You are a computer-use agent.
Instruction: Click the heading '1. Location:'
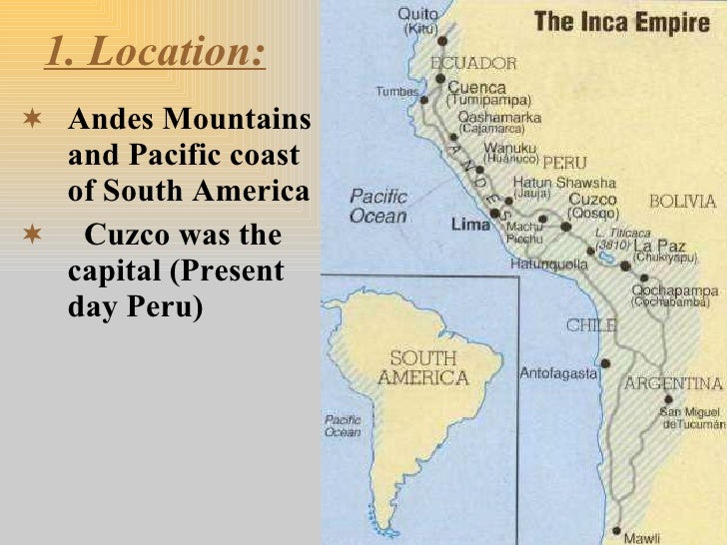pyautogui.click(x=156, y=53)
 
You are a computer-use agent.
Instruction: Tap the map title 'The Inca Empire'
pyautogui.click(x=621, y=22)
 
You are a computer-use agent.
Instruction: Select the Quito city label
pyautogui.click(x=418, y=15)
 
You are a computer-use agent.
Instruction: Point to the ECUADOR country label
pyautogui.click(x=474, y=63)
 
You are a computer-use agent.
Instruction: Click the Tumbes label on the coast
pyautogui.click(x=396, y=91)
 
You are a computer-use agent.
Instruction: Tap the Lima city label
pyautogui.click(x=471, y=225)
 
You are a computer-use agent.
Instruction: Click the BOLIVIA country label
pyautogui.click(x=683, y=202)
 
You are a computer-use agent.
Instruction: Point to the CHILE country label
pyautogui.click(x=592, y=325)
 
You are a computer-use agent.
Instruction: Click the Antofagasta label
pyautogui.click(x=558, y=373)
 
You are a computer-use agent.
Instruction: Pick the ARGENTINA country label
pyautogui.click(x=673, y=383)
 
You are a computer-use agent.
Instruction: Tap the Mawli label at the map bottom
pyautogui.click(x=642, y=538)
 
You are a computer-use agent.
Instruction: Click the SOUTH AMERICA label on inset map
pyautogui.click(x=422, y=368)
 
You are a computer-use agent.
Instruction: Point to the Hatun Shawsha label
pyautogui.click(x=563, y=184)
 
